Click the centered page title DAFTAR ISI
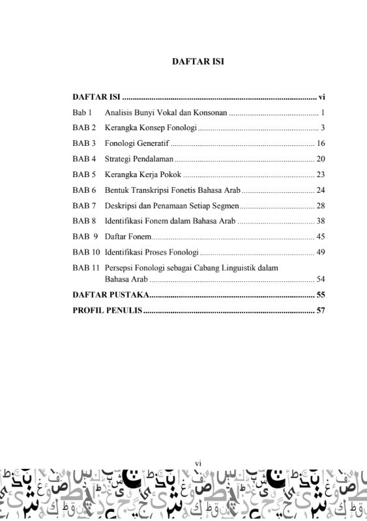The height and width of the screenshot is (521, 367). pyautogui.click(x=198, y=62)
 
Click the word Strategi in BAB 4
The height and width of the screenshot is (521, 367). pyautogui.click(x=118, y=159)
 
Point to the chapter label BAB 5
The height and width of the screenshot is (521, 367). pyautogui.click(x=84, y=175)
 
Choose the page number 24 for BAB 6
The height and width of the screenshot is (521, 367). pyautogui.click(x=320, y=190)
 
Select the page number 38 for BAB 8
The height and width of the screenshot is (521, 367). pyautogui.click(x=320, y=221)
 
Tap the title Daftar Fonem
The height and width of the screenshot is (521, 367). pyautogui.click(x=128, y=237)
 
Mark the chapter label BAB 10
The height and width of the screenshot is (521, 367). pyautogui.click(x=86, y=252)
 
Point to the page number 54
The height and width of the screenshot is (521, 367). pyautogui.click(x=320, y=279)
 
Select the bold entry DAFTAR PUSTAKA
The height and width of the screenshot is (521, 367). pyautogui.click(x=110, y=295)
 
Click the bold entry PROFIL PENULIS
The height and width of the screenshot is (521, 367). pyautogui.click(x=107, y=311)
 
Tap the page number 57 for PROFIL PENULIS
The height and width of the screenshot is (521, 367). pyautogui.click(x=320, y=311)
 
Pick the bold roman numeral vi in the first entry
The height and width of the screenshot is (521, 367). pyautogui.click(x=321, y=97)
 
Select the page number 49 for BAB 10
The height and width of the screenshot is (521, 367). pyautogui.click(x=320, y=252)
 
